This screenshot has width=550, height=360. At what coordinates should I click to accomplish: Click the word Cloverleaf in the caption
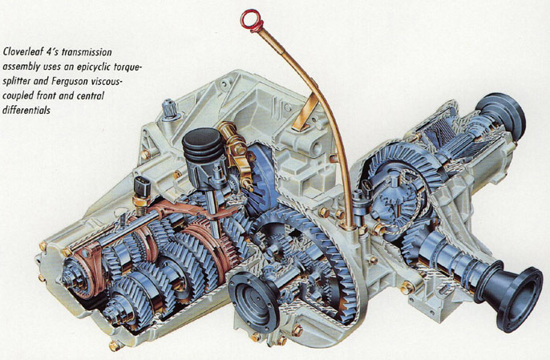point(23,52)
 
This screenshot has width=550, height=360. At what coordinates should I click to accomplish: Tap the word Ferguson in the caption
point(70,81)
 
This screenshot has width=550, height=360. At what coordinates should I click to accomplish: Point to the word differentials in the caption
point(26,110)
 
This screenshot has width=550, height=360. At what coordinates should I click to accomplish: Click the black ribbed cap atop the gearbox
point(202,145)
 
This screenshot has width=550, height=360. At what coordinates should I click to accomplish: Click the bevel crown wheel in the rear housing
point(403,165)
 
